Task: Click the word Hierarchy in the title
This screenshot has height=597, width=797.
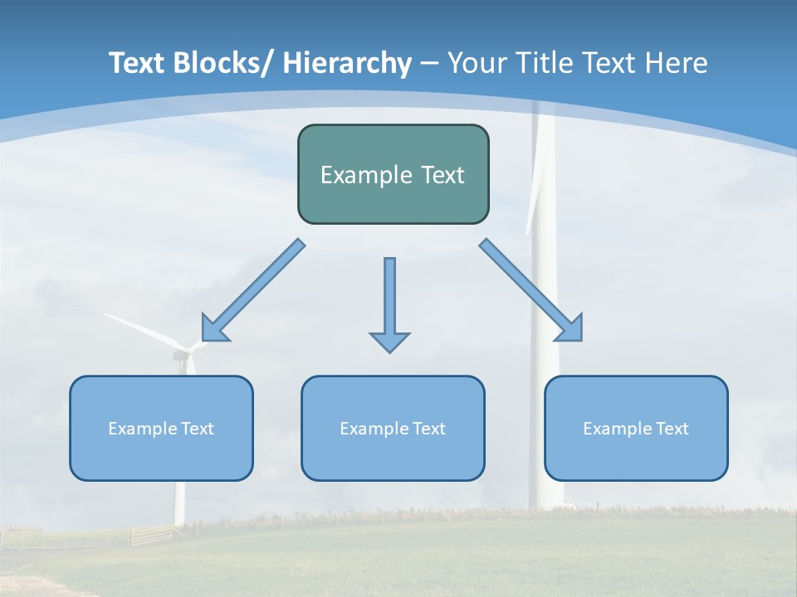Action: click(347, 63)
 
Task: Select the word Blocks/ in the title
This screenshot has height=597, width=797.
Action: click(222, 63)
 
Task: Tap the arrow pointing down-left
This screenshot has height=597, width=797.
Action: click(253, 290)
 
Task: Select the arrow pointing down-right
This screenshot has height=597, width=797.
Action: click(531, 290)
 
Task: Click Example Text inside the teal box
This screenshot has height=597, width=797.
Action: click(393, 175)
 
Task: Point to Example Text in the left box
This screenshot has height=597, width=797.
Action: click(161, 429)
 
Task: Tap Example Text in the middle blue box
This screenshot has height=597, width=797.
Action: click(393, 429)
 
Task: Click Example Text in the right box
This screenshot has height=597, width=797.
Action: click(636, 429)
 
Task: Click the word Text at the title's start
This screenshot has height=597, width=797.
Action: click(137, 63)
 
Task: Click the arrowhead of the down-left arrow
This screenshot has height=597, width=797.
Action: click(213, 330)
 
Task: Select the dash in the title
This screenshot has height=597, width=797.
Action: click(429, 63)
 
